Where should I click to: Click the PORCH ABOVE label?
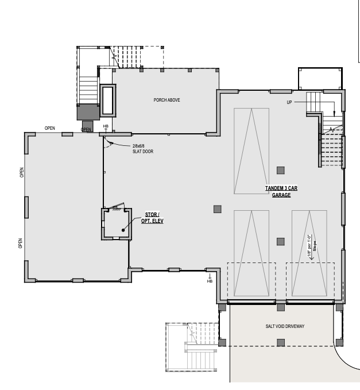click(x=167, y=100)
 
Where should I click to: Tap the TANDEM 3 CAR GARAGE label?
click(x=281, y=191)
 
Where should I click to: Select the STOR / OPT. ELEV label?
click(x=152, y=218)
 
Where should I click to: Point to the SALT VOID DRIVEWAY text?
click(x=285, y=326)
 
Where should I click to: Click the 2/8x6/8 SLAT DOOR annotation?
click(x=143, y=149)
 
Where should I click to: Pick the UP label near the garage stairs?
click(x=289, y=102)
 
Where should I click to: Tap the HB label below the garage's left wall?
click(x=210, y=281)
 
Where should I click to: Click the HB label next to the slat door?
click(x=106, y=126)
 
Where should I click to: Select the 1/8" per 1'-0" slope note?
click(x=312, y=246)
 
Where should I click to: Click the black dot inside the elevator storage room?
click(x=123, y=230)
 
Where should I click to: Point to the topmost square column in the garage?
click(x=281, y=171)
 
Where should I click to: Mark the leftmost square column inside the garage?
click(x=218, y=209)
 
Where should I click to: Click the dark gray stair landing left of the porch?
click(x=88, y=112)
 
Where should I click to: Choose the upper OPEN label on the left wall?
click(x=22, y=172)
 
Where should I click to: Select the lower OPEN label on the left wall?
click(x=21, y=244)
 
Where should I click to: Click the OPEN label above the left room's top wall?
click(x=50, y=128)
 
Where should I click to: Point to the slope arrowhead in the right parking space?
click(x=311, y=258)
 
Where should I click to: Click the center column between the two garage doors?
click(x=281, y=307)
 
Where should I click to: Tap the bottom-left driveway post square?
click(x=222, y=342)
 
